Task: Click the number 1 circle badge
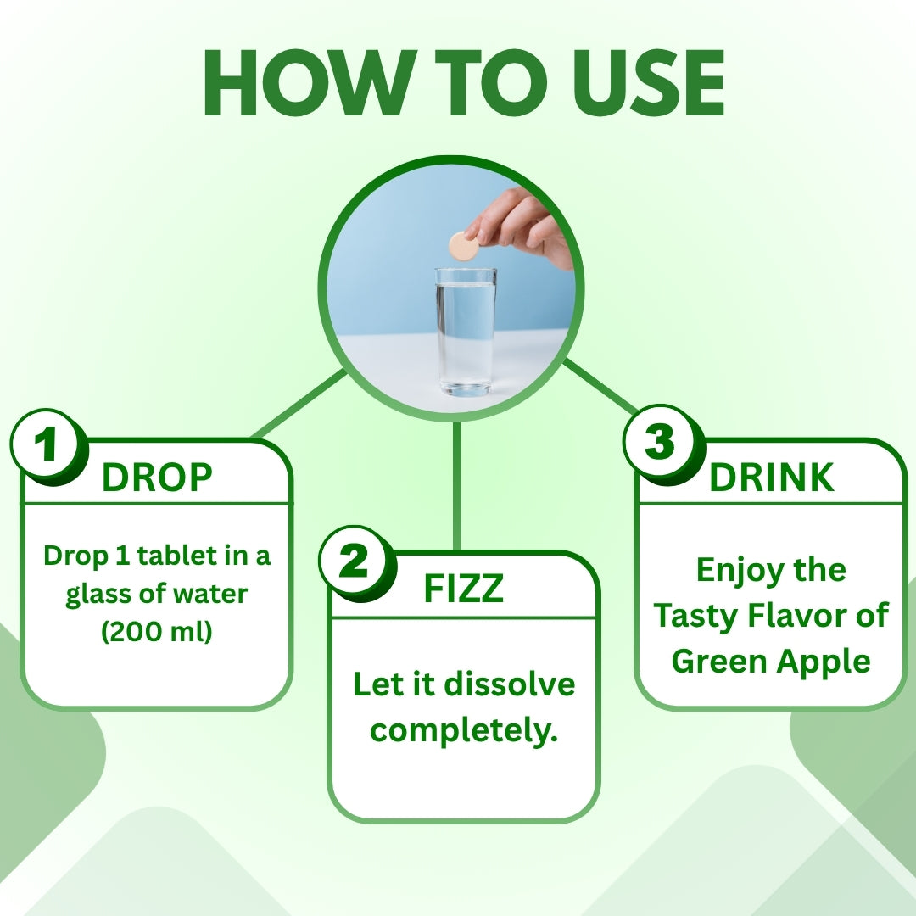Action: (x=47, y=444)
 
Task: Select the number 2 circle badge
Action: (x=355, y=562)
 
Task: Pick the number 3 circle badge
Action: (x=661, y=443)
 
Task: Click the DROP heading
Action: (x=157, y=478)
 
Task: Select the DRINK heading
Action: (x=772, y=478)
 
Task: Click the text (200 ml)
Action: (x=157, y=632)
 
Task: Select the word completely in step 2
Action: (x=464, y=729)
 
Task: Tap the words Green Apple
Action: (x=772, y=661)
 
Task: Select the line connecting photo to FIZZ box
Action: (x=457, y=483)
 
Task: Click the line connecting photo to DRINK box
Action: (x=600, y=388)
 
